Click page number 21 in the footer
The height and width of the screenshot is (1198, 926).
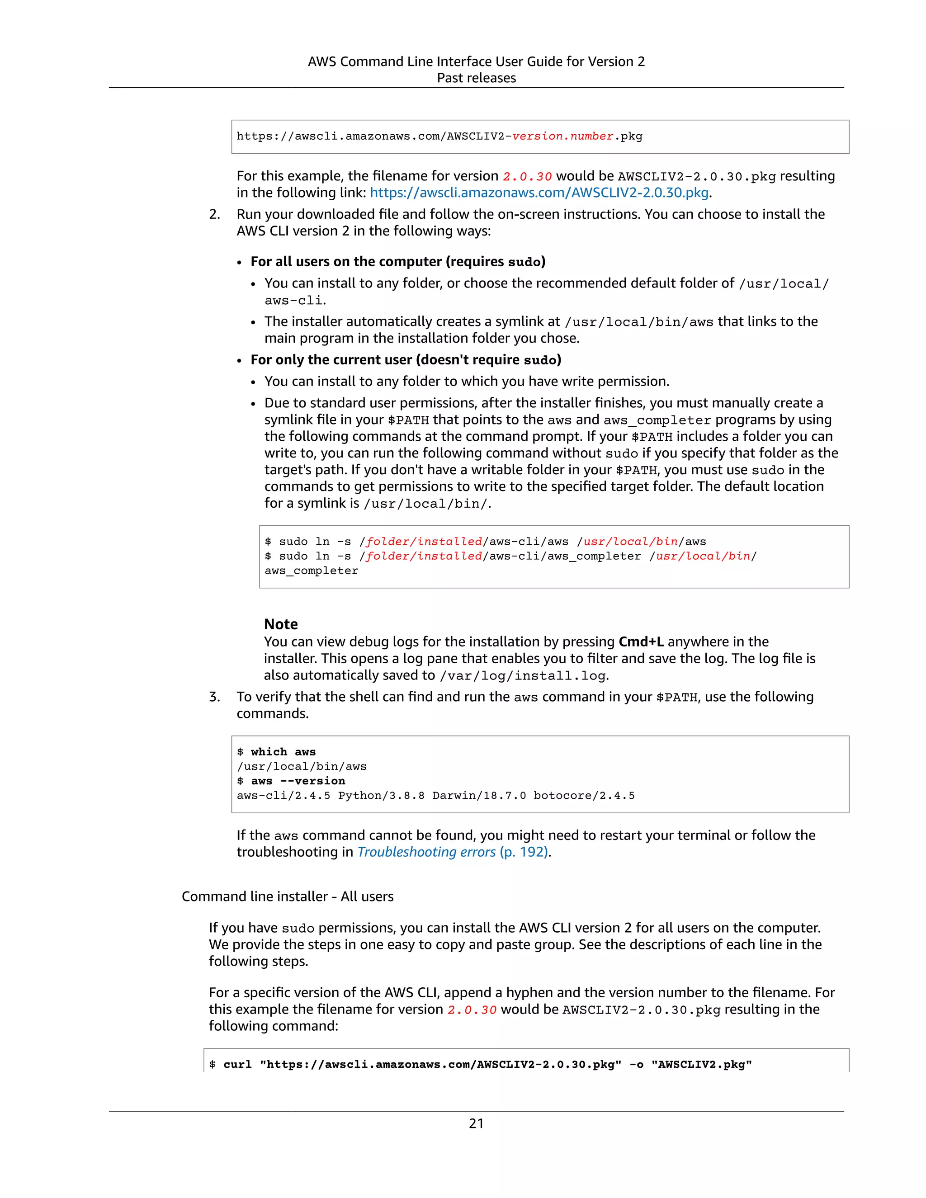click(476, 1123)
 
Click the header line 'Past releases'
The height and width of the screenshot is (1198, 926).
click(476, 78)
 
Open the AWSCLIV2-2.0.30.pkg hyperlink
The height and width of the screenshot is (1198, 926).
click(539, 193)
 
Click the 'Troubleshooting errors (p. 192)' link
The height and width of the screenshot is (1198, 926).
click(453, 852)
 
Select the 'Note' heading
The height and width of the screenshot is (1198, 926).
click(281, 624)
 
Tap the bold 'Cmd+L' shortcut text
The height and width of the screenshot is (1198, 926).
click(641, 642)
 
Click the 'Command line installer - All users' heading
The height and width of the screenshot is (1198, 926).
click(288, 896)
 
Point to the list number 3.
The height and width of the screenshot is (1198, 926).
click(214, 697)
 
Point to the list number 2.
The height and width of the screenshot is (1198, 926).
click(214, 214)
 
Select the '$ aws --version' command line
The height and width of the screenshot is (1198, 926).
click(291, 781)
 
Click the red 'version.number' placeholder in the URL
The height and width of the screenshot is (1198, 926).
click(562, 136)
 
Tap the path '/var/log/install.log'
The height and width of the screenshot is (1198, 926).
click(523, 676)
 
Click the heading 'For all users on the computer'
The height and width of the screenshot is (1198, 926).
click(398, 262)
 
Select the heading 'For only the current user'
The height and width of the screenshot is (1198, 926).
click(406, 360)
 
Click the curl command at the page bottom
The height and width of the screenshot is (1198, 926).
click(480, 1065)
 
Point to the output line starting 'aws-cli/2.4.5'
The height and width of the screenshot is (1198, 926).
click(435, 795)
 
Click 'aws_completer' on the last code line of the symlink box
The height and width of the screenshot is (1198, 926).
click(311, 571)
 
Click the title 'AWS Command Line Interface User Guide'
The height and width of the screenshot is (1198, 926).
click(476, 61)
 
